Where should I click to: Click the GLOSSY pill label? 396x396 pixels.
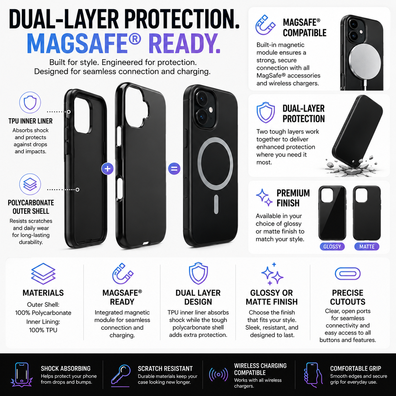332,246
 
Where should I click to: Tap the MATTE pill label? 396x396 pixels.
367,246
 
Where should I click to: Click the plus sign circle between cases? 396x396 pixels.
107,169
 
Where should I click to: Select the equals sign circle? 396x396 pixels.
174,169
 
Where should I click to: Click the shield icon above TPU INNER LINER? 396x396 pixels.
30,102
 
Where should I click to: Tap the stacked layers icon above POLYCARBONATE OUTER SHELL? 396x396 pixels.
30,184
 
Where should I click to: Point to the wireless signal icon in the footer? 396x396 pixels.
219,375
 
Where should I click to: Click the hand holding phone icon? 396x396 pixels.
313,375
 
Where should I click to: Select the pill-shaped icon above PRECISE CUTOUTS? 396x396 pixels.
347,273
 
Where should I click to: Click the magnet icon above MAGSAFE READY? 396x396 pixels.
123,273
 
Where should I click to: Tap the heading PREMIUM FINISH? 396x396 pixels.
293,198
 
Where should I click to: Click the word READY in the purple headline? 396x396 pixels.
185,44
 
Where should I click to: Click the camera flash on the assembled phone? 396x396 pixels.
211,110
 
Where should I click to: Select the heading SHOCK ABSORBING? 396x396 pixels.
66,369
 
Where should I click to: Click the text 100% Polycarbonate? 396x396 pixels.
43,313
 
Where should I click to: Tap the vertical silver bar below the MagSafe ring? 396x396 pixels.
216,204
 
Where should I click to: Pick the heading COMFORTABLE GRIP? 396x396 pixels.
356,369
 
